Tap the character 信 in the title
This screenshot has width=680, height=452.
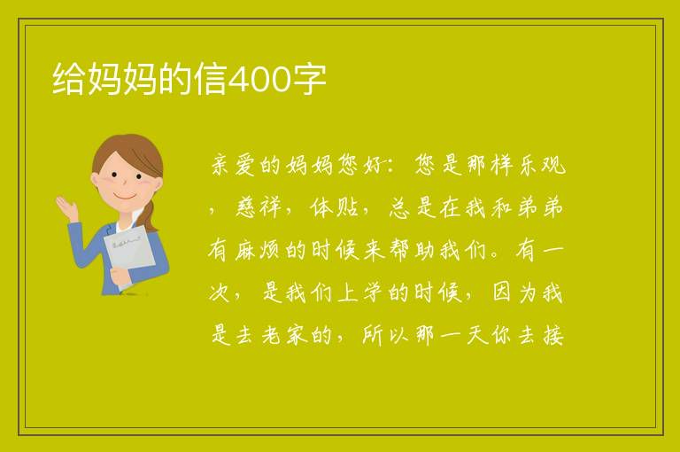tap(212, 79)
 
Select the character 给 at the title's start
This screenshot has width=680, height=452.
tap(68, 79)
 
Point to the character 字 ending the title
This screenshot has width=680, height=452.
tap(308, 79)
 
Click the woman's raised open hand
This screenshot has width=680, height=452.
tap(66, 207)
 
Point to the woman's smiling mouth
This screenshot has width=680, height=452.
tap(125, 196)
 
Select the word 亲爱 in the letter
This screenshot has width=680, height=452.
tap(233, 166)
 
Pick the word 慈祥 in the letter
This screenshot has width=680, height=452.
tap(258, 207)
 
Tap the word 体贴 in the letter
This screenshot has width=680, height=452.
tap(334, 207)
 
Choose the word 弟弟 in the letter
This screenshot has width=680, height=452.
tap(540, 207)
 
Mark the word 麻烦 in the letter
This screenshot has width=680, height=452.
tap(257, 250)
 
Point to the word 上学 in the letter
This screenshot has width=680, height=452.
tap(359, 292)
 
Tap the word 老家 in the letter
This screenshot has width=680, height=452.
tap(284, 335)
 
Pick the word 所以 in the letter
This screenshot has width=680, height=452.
tap(385, 335)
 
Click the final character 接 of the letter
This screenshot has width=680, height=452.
tap(552, 335)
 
